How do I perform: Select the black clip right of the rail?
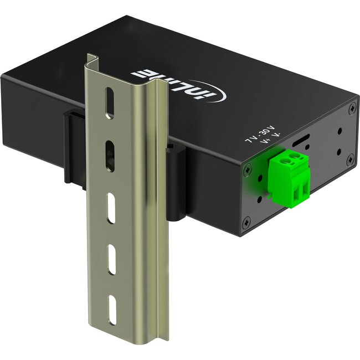pyautogui.click(x=177, y=183)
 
